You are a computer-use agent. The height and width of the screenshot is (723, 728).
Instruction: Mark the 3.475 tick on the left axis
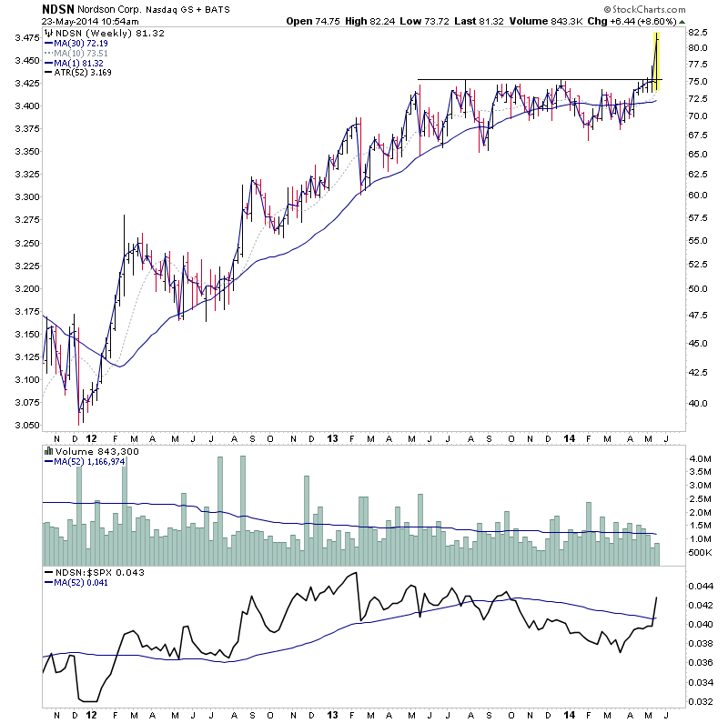tap(25, 38)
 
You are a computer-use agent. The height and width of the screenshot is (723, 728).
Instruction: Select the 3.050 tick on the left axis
tap(25, 426)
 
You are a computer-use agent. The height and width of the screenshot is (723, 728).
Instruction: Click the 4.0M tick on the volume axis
tap(699, 460)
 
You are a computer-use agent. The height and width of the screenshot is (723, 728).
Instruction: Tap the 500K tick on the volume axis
tap(699, 552)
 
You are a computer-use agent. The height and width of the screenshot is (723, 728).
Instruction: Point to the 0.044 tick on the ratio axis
tap(699, 586)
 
